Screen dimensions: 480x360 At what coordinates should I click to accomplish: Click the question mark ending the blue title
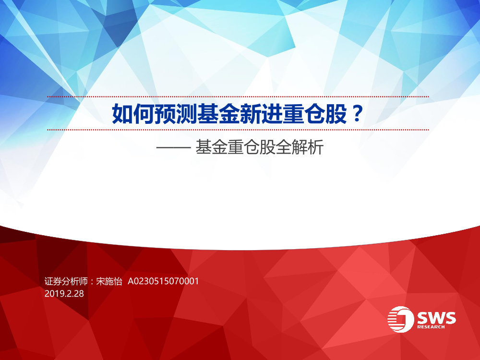(357, 113)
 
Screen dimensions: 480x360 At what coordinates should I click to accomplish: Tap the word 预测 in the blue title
(175, 114)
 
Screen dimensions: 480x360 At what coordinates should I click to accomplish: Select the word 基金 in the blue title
(218, 114)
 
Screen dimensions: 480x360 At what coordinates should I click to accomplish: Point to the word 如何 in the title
(133, 114)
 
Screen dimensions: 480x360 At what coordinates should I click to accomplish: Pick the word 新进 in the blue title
(261, 114)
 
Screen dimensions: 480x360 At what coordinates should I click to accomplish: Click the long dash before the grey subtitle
(174, 147)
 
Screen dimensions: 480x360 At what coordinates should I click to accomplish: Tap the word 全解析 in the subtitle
(300, 147)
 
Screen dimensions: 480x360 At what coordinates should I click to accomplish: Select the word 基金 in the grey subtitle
(212, 147)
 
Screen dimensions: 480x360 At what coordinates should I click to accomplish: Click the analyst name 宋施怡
(109, 281)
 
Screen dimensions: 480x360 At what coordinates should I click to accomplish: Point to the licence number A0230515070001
(163, 281)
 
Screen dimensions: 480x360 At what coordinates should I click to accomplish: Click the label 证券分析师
(66, 281)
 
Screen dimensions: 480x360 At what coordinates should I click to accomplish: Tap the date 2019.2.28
(64, 294)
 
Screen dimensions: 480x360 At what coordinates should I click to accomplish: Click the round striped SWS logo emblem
(400, 319)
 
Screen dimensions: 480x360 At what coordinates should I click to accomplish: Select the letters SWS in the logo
(436, 318)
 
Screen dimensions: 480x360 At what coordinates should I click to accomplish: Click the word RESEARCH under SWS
(431, 327)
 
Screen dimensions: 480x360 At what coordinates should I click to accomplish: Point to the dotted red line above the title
(238, 97)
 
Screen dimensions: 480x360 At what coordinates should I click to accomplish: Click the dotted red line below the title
(238, 130)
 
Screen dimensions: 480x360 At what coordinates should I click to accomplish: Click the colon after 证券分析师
(92, 282)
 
